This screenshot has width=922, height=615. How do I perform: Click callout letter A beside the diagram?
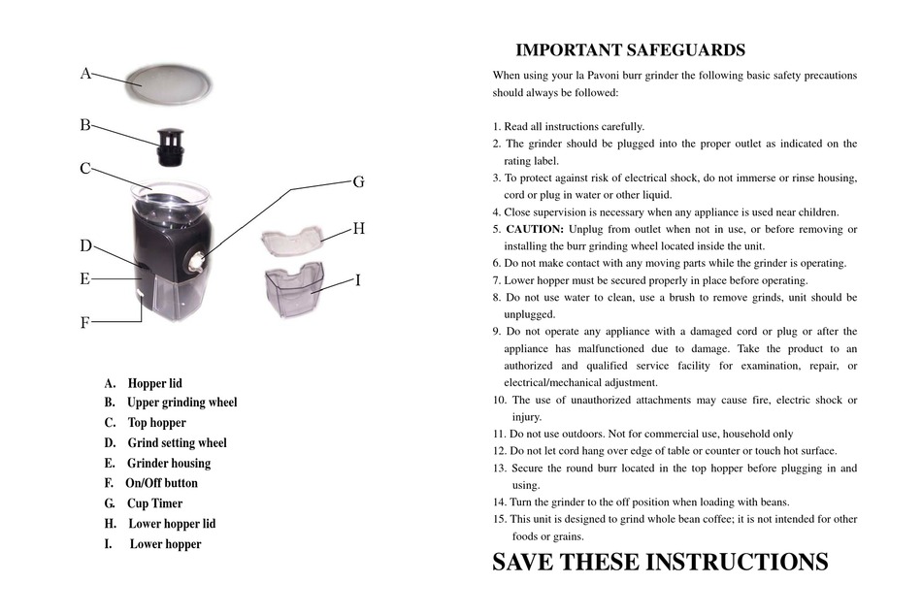coord(85,73)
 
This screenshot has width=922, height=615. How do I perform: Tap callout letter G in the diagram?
coord(357,181)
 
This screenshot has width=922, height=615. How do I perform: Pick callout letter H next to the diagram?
coord(358,229)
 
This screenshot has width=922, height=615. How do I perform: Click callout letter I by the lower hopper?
coord(358,280)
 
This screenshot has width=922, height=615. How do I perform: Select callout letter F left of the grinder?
coord(84,323)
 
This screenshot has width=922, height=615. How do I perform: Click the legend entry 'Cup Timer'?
coord(154,503)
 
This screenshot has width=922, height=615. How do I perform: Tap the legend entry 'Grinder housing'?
coord(168,463)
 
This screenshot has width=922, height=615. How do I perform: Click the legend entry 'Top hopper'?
coord(156,422)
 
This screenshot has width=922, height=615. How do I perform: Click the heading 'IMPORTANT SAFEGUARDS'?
coord(630,50)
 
